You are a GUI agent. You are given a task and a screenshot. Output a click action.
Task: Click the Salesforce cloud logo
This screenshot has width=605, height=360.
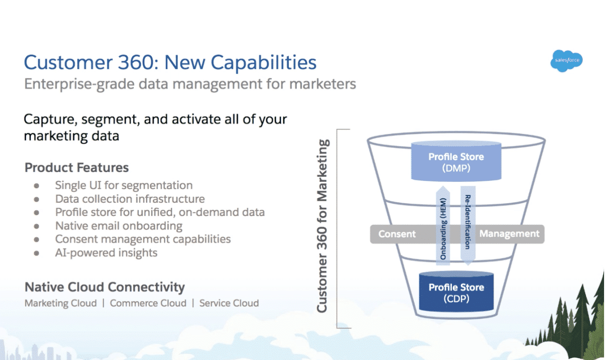coord(566,61)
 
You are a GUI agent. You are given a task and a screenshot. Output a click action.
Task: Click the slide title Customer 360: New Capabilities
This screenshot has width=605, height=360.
coord(170,62)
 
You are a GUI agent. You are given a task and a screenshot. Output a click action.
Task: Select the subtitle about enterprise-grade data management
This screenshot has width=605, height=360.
coord(190,84)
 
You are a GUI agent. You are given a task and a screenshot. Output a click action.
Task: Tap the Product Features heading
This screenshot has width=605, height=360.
coord(77,168)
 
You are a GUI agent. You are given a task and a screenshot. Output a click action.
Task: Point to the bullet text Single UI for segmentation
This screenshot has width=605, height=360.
coord(124,185)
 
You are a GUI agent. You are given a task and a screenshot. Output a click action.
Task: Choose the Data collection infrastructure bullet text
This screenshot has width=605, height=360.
coord(130,199)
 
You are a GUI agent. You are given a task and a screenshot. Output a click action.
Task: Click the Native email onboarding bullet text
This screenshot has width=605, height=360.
coord(119,226)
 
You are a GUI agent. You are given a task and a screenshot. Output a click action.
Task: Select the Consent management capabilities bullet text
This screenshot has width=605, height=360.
coord(143,239)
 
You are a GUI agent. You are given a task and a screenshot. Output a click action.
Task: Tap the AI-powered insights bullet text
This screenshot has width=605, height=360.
coord(106,253)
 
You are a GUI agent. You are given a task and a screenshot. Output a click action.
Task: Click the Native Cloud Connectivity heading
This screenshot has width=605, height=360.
coord(104,287)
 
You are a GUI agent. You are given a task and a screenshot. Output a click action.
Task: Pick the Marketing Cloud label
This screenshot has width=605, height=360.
coord(60,303)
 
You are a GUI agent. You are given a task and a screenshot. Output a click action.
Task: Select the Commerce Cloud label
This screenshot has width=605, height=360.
coord(148,303)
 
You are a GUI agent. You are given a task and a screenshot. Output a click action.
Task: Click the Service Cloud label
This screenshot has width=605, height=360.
coord(229,303)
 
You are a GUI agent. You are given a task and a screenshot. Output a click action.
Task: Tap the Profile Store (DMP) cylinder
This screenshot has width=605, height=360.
coord(456,162)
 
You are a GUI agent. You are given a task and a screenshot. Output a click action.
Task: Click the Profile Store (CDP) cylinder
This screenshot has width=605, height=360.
coord(456,292)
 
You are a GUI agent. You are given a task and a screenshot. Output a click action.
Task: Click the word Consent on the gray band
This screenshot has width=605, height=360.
coord(397,234)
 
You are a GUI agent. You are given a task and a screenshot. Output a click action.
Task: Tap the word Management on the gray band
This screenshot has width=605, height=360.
coord(509,234)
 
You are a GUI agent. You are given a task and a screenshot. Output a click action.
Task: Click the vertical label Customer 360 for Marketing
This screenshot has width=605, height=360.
coord(322,226)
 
